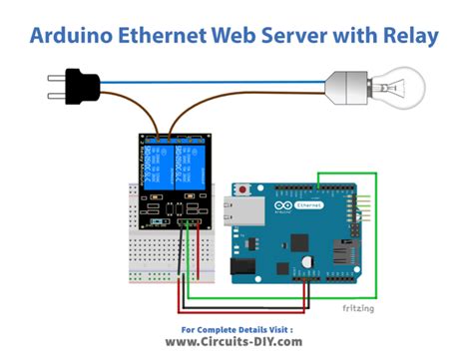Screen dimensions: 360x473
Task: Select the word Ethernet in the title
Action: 175,36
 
